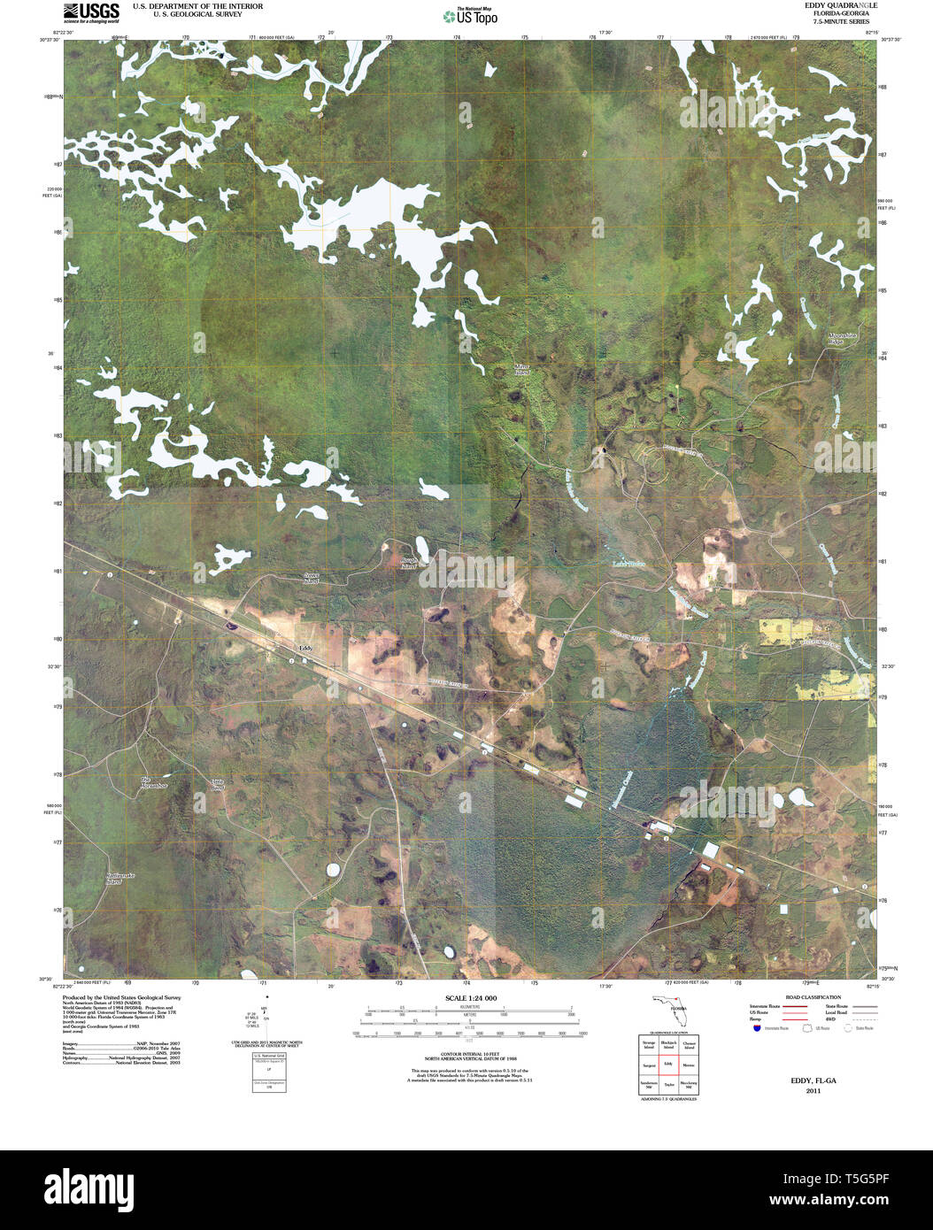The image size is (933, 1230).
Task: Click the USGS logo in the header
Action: tap(91, 12)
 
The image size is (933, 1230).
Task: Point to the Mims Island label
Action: tap(523, 368)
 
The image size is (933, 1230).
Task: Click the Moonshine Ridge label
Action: tap(843, 339)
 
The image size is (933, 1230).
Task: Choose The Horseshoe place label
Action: tap(154, 782)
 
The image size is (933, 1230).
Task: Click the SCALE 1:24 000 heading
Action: tap(470, 998)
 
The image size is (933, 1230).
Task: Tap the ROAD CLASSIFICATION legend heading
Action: tap(806, 997)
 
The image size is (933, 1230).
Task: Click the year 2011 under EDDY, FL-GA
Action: tap(813, 1091)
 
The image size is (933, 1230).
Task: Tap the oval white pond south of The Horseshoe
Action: tap(335, 870)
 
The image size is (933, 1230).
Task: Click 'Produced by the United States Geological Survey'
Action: tap(121, 997)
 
